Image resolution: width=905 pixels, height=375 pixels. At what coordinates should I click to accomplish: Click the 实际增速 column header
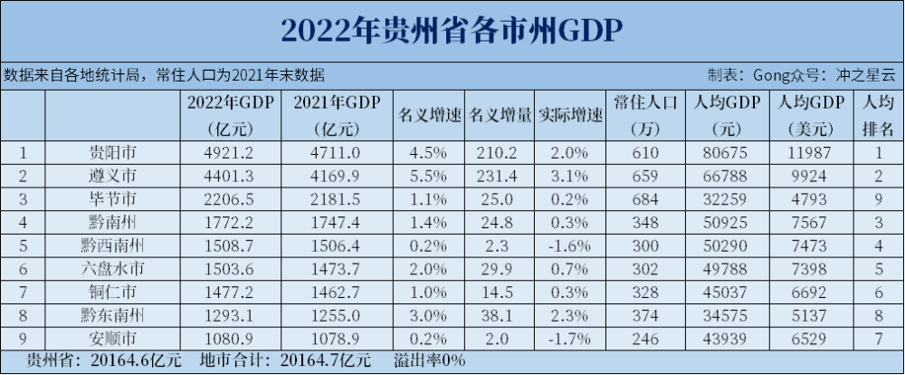coord(569,116)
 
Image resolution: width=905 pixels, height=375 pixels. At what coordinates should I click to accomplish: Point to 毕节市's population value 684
coord(643,198)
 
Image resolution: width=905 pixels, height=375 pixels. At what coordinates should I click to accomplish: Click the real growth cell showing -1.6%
coord(569,245)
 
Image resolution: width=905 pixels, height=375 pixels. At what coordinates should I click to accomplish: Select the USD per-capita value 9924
coord(809,176)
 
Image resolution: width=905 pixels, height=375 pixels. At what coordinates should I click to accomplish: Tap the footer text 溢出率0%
coord(429,360)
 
